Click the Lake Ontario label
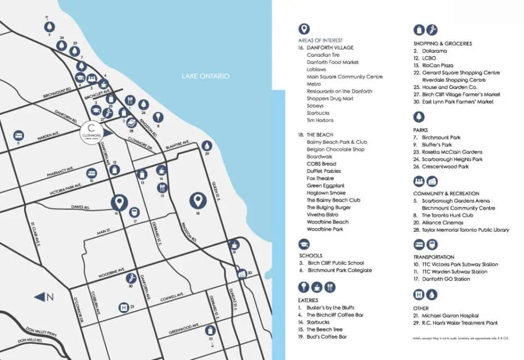pyautogui.click(x=205, y=76)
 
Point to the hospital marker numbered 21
pyautogui.click(x=124, y=308)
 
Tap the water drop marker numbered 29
pyautogui.click(x=206, y=146)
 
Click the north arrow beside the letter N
pyautogui.click(x=40, y=297)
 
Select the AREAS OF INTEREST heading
pyautogui.click(x=320, y=40)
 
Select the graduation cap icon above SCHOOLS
pyautogui.click(x=303, y=244)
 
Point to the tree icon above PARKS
pyautogui.click(x=419, y=117)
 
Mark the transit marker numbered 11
pyautogui.click(x=19, y=135)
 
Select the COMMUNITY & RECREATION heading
pyautogui.click(x=446, y=193)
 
